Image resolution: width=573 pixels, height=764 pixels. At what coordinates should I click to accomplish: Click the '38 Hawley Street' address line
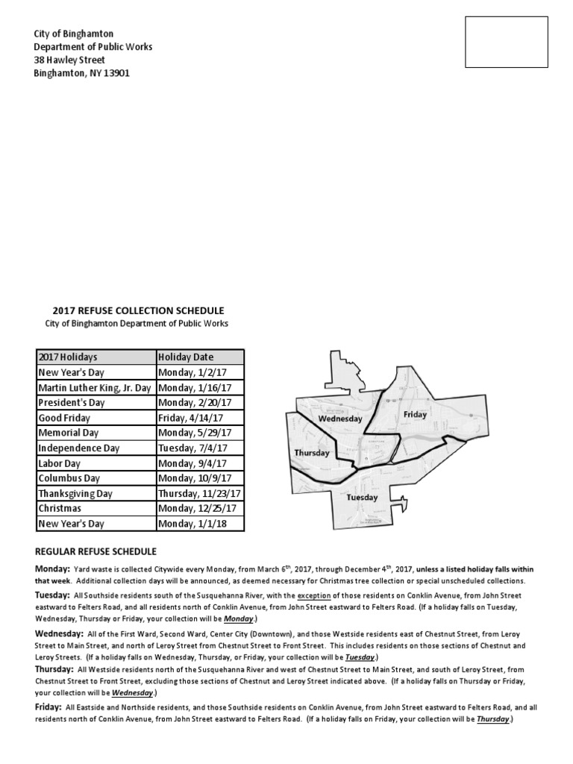[70, 60]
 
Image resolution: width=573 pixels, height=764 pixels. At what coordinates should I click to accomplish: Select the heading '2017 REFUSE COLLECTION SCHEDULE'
[138, 310]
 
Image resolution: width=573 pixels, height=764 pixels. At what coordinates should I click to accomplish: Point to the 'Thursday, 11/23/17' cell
[199, 494]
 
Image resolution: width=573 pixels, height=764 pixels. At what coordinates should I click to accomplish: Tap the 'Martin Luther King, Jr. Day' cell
[95, 388]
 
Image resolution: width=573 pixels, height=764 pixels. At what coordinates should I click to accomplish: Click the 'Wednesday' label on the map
[340, 419]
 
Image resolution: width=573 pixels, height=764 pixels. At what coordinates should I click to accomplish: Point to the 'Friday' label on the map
[416, 414]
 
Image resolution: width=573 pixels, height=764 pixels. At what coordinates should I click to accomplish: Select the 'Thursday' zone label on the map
[312, 453]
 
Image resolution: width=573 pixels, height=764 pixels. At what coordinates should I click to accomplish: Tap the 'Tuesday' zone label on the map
[362, 497]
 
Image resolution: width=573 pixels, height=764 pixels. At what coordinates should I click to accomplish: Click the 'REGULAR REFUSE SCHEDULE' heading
[95, 551]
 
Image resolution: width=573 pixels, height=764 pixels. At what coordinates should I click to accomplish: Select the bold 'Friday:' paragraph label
[48, 707]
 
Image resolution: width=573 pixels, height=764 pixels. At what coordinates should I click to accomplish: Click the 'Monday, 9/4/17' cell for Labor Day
[191, 463]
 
